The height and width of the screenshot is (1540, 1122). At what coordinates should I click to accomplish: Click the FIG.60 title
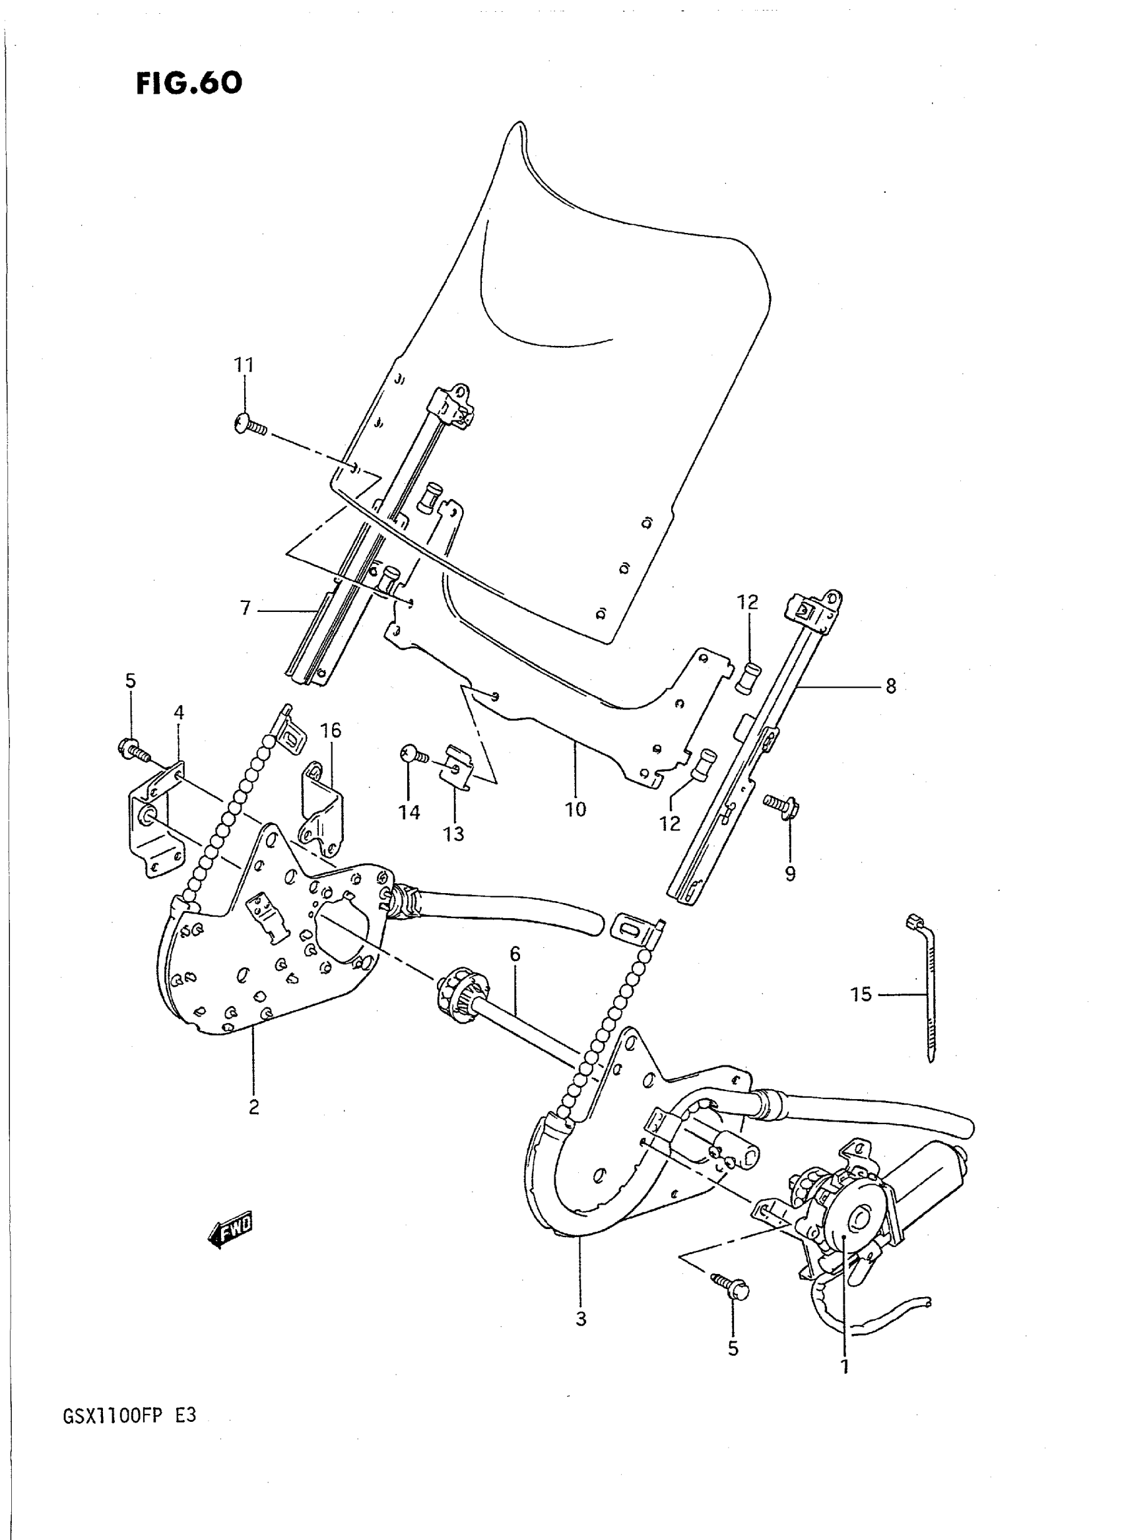pyautogui.click(x=189, y=84)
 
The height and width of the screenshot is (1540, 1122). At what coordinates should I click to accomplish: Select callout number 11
pyautogui.click(x=244, y=366)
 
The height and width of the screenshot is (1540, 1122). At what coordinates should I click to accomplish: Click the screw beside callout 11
pyautogui.click(x=250, y=426)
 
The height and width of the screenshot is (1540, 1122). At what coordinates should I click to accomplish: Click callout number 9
pyautogui.click(x=790, y=873)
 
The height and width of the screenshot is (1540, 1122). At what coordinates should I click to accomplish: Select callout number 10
pyautogui.click(x=576, y=810)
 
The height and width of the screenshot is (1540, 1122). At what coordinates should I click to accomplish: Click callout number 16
pyautogui.click(x=331, y=731)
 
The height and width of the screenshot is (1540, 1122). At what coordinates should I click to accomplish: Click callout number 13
pyautogui.click(x=453, y=834)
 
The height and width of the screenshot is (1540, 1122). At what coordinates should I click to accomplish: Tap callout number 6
pyautogui.click(x=515, y=954)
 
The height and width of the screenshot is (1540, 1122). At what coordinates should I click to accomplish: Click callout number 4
pyautogui.click(x=179, y=713)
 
